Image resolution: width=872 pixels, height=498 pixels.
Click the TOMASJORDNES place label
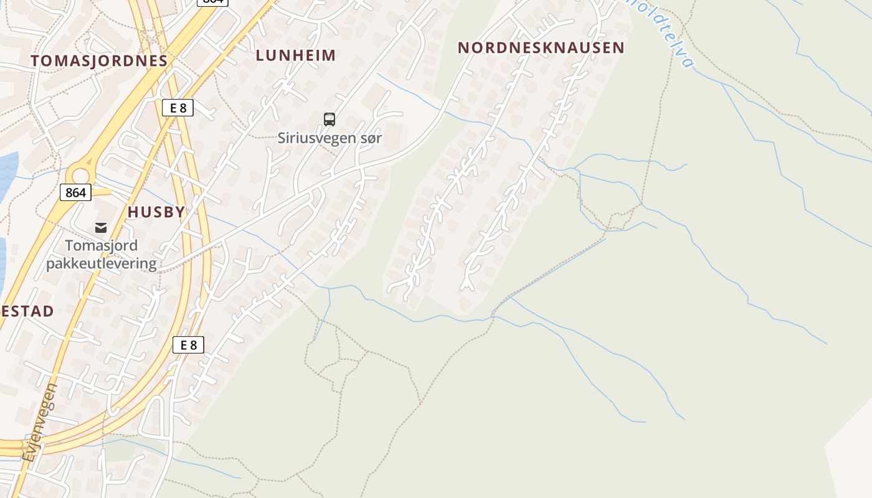click(99, 60)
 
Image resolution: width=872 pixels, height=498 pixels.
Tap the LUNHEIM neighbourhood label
click(295, 55)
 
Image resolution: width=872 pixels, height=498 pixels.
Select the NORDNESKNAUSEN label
click(541, 47)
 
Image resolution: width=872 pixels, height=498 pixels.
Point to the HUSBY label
click(156, 212)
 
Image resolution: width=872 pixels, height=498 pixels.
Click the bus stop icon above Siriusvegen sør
click(329, 119)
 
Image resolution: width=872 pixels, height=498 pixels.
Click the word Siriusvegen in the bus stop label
click(315, 138)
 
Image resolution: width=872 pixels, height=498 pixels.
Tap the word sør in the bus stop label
click(368, 138)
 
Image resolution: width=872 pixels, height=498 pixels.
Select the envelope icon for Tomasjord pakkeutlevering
click(101, 228)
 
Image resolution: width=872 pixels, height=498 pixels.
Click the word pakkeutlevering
click(102, 263)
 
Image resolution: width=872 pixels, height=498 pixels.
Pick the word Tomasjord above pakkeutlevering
click(102, 246)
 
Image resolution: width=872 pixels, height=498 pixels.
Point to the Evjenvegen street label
click(40, 423)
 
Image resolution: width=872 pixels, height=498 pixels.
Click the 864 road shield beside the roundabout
click(75, 192)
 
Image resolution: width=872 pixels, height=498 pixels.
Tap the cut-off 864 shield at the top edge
click(212, 2)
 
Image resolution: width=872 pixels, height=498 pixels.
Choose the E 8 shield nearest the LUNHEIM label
click(178, 108)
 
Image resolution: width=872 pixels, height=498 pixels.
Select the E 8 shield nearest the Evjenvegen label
click(188, 345)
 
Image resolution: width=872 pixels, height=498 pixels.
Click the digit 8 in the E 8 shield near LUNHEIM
click(182, 108)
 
